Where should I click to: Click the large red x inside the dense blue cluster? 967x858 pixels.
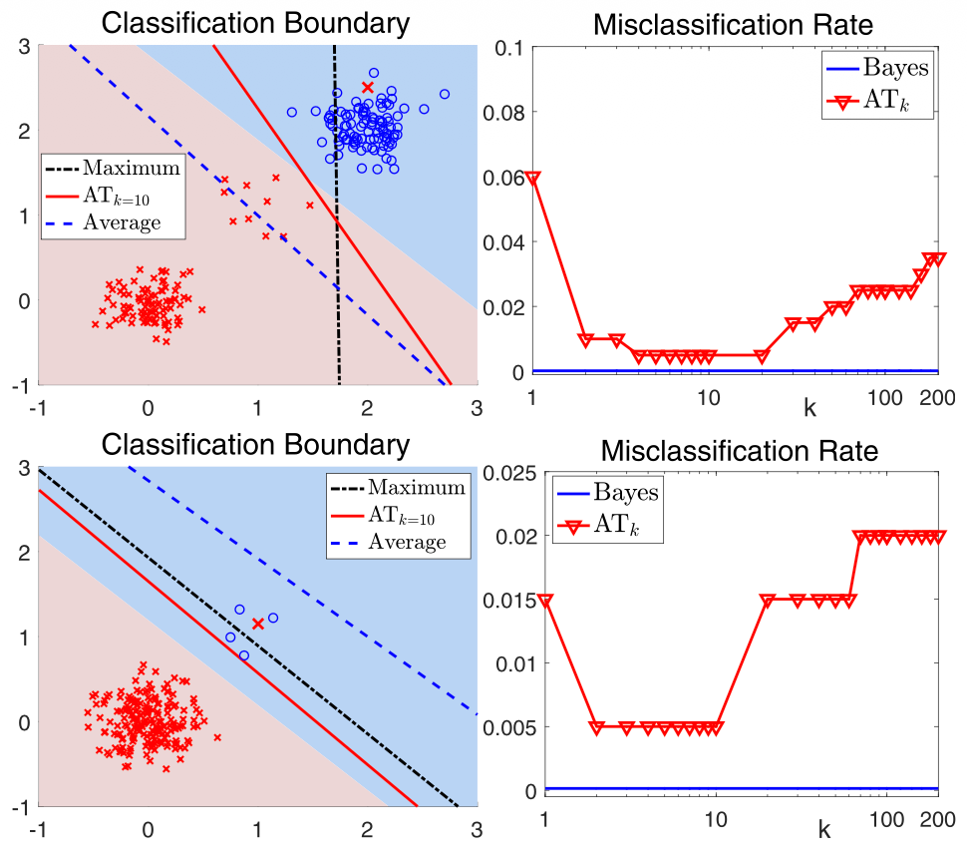[x=367, y=88]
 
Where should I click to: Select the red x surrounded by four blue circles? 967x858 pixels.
[x=257, y=624]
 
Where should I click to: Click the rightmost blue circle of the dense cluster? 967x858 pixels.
[x=444, y=95]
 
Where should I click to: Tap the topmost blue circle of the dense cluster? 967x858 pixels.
[x=374, y=73]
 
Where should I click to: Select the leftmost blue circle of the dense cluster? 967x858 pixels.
[x=292, y=112]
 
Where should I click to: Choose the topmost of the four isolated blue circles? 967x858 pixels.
[x=239, y=609]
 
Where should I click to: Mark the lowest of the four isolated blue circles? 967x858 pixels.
[x=243, y=655]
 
